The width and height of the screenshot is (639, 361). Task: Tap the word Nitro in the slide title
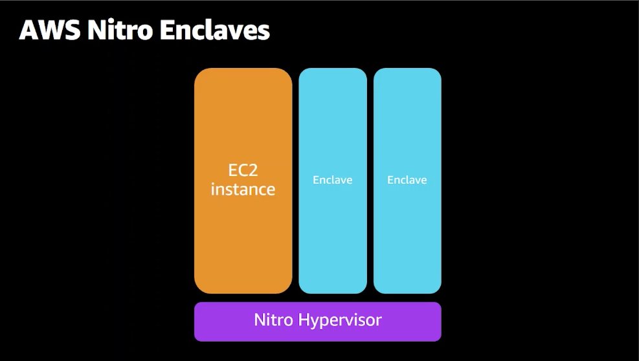[x=117, y=30]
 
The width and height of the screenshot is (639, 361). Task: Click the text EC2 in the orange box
[x=243, y=171]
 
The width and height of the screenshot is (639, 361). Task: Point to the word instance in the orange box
[x=243, y=190]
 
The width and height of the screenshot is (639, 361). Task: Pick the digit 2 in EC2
[x=259, y=171]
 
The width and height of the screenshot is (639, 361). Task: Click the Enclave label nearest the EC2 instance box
[x=332, y=180]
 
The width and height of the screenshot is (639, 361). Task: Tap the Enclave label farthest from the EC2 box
[x=407, y=180]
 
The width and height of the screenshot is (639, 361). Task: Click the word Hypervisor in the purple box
[x=341, y=320]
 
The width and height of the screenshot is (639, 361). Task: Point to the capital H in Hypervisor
[x=305, y=320]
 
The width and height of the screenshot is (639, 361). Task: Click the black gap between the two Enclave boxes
[x=370, y=181]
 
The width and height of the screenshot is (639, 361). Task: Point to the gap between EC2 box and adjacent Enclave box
[x=295, y=181]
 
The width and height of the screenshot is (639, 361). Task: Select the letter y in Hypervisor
[x=317, y=322]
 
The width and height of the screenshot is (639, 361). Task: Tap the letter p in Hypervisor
[x=328, y=322]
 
